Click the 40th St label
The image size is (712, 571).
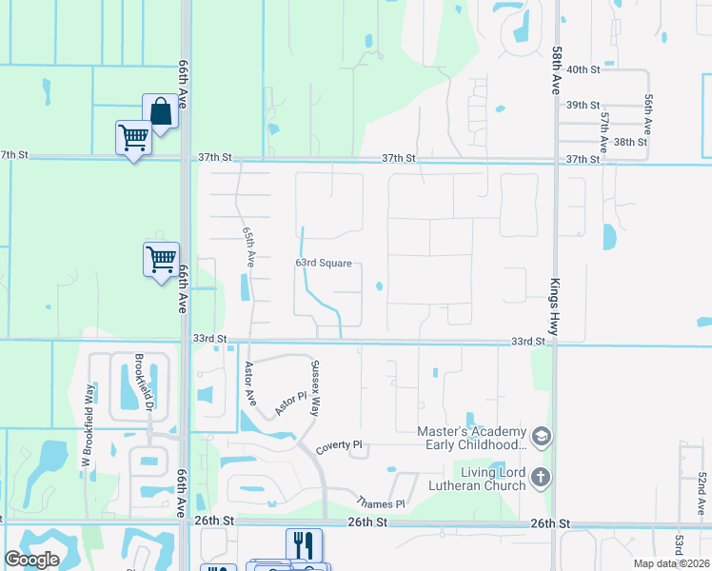point(583,69)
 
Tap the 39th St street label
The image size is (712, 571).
point(583,105)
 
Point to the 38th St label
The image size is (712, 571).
point(630,142)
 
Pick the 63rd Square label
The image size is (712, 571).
point(324,264)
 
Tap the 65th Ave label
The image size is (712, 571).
point(248,246)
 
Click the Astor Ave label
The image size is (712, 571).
point(249,383)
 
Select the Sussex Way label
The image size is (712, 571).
point(314,387)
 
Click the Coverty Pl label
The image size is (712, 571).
point(340,444)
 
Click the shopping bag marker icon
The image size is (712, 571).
point(161,111)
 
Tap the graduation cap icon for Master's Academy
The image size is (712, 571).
point(542,437)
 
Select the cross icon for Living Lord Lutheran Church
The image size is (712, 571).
point(542,478)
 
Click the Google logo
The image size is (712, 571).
point(31,561)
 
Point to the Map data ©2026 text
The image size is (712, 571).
point(671,563)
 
